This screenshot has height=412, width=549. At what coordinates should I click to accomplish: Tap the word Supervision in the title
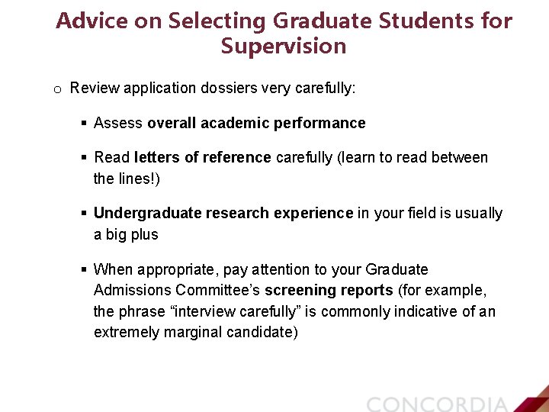tap(284, 47)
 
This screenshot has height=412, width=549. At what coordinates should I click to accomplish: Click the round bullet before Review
tap(57, 89)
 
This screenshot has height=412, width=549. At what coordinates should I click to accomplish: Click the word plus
tap(144, 234)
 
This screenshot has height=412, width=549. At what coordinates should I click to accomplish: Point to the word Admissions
tap(132, 291)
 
